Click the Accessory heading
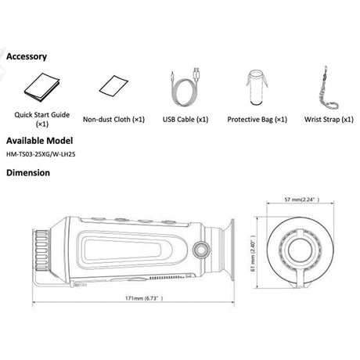tap(27, 56)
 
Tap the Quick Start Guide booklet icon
tap(42, 88)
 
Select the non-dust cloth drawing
tap(113, 86)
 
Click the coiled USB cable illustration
tap(185, 88)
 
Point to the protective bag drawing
tap(257, 88)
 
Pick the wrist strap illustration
tap(329, 88)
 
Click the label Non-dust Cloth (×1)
tap(113, 120)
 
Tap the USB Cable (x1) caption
tap(185, 120)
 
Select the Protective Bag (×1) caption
tap(257, 120)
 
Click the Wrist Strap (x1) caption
tap(329, 120)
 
